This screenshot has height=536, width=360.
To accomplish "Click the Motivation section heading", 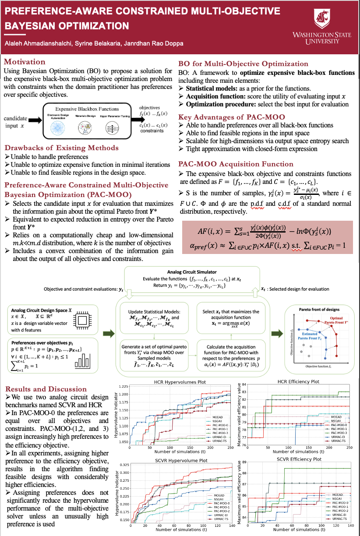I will point(25,62).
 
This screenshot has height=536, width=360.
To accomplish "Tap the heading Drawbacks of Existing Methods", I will point(61,148).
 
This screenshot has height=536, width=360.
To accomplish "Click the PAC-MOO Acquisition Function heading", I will point(236,164).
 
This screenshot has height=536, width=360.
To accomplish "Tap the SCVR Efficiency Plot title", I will point(299,459).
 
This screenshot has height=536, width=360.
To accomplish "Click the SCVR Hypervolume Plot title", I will point(175,461).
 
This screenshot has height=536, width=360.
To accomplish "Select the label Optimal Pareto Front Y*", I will point(336,320).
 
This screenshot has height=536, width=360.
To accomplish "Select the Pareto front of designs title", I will point(319,310).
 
